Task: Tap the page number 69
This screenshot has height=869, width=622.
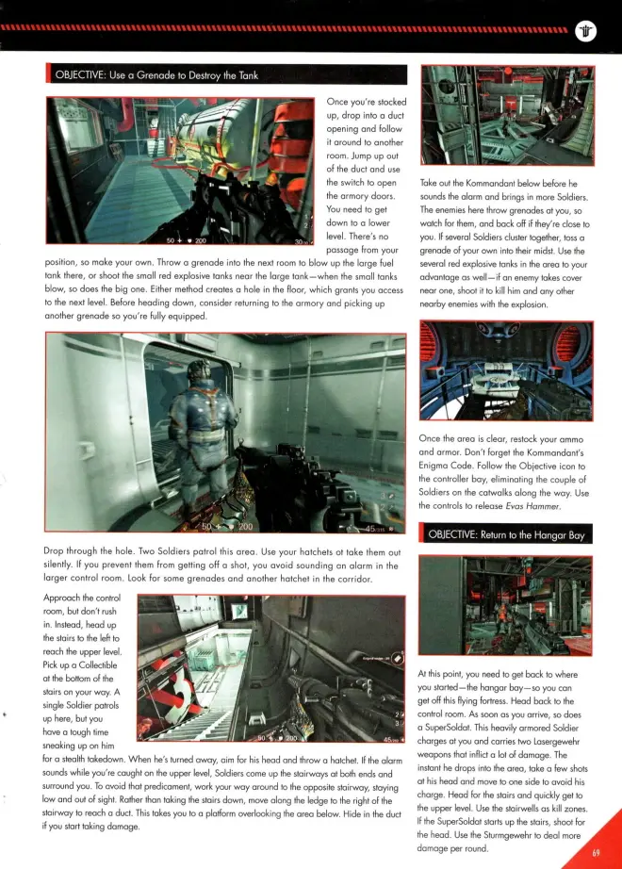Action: pos(596,853)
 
